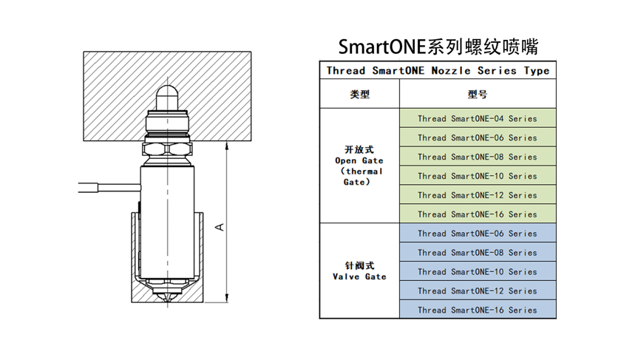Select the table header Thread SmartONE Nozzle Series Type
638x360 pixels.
pos(438,71)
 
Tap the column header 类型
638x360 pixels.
pos(359,95)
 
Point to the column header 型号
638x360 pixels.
pos(478,95)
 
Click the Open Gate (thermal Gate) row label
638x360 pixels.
pos(359,166)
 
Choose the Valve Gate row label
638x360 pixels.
pos(359,271)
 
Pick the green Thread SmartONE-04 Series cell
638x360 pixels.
pos(478,118)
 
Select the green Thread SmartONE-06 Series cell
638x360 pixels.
pos(478,137)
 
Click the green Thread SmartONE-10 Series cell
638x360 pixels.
pos(478,176)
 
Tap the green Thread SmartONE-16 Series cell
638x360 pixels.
pos(478,214)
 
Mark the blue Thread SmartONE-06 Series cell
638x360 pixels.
pos(478,234)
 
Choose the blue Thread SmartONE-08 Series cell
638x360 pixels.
pos(478,253)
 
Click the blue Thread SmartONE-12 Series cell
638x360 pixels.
pos(478,291)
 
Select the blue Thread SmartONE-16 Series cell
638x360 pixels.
pos(478,310)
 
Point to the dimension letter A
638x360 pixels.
pos(220,226)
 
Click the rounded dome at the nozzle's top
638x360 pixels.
pos(168,95)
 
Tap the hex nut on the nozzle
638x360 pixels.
pos(168,149)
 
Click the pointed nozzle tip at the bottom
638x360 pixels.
pos(168,298)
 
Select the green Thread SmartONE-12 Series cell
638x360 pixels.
pos(478,195)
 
